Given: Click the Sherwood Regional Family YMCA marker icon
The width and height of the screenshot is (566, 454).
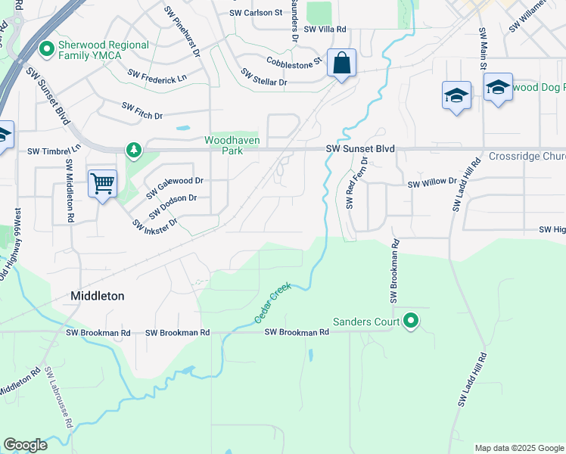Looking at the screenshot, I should (47, 50).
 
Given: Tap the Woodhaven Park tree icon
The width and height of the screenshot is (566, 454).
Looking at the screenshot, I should (134, 150).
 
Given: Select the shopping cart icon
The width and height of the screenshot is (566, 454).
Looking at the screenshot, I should (102, 182).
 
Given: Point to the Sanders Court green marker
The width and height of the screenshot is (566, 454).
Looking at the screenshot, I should (411, 322).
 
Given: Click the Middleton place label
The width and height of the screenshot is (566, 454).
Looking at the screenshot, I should (97, 296).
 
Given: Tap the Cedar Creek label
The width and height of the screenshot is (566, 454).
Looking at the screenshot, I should (273, 304).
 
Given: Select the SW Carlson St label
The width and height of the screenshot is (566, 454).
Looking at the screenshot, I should (256, 14).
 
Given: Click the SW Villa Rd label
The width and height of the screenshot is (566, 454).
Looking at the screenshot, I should (325, 30).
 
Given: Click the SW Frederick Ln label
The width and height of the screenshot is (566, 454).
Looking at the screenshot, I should (157, 76).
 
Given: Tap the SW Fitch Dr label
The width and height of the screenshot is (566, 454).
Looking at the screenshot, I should (143, 110).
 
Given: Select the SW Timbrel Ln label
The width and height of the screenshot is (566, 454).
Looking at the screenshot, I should (53, 151).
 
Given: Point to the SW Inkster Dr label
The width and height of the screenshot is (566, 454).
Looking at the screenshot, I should (154, 223).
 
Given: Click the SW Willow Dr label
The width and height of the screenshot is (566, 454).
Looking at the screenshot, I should (432, 183).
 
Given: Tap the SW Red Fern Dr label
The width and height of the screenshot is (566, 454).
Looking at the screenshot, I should (356, 182).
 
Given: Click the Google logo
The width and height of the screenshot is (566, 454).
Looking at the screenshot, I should (25, 445).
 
